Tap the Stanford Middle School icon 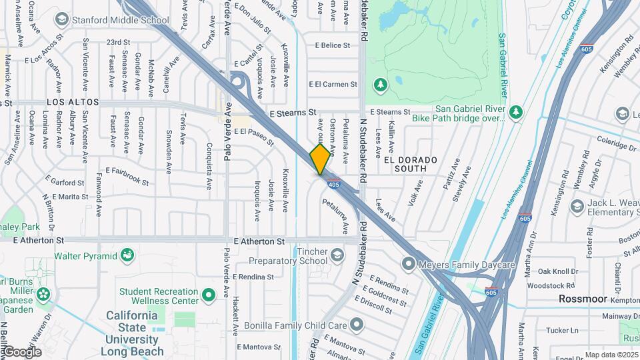coord(62,19)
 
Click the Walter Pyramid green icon coord(127,255)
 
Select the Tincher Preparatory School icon coord(337,255)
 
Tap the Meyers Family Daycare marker coord(408,264)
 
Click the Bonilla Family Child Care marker coord(357,325)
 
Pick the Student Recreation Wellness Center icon coord(209,294)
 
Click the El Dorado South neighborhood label coord(411,165)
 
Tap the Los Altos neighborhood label coord(73,103)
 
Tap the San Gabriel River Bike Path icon coord(515,112)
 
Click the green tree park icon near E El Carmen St coord(380,85)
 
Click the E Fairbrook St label coord(123,175)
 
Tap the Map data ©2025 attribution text coord(611,355)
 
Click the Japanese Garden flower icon coord(44,293)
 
